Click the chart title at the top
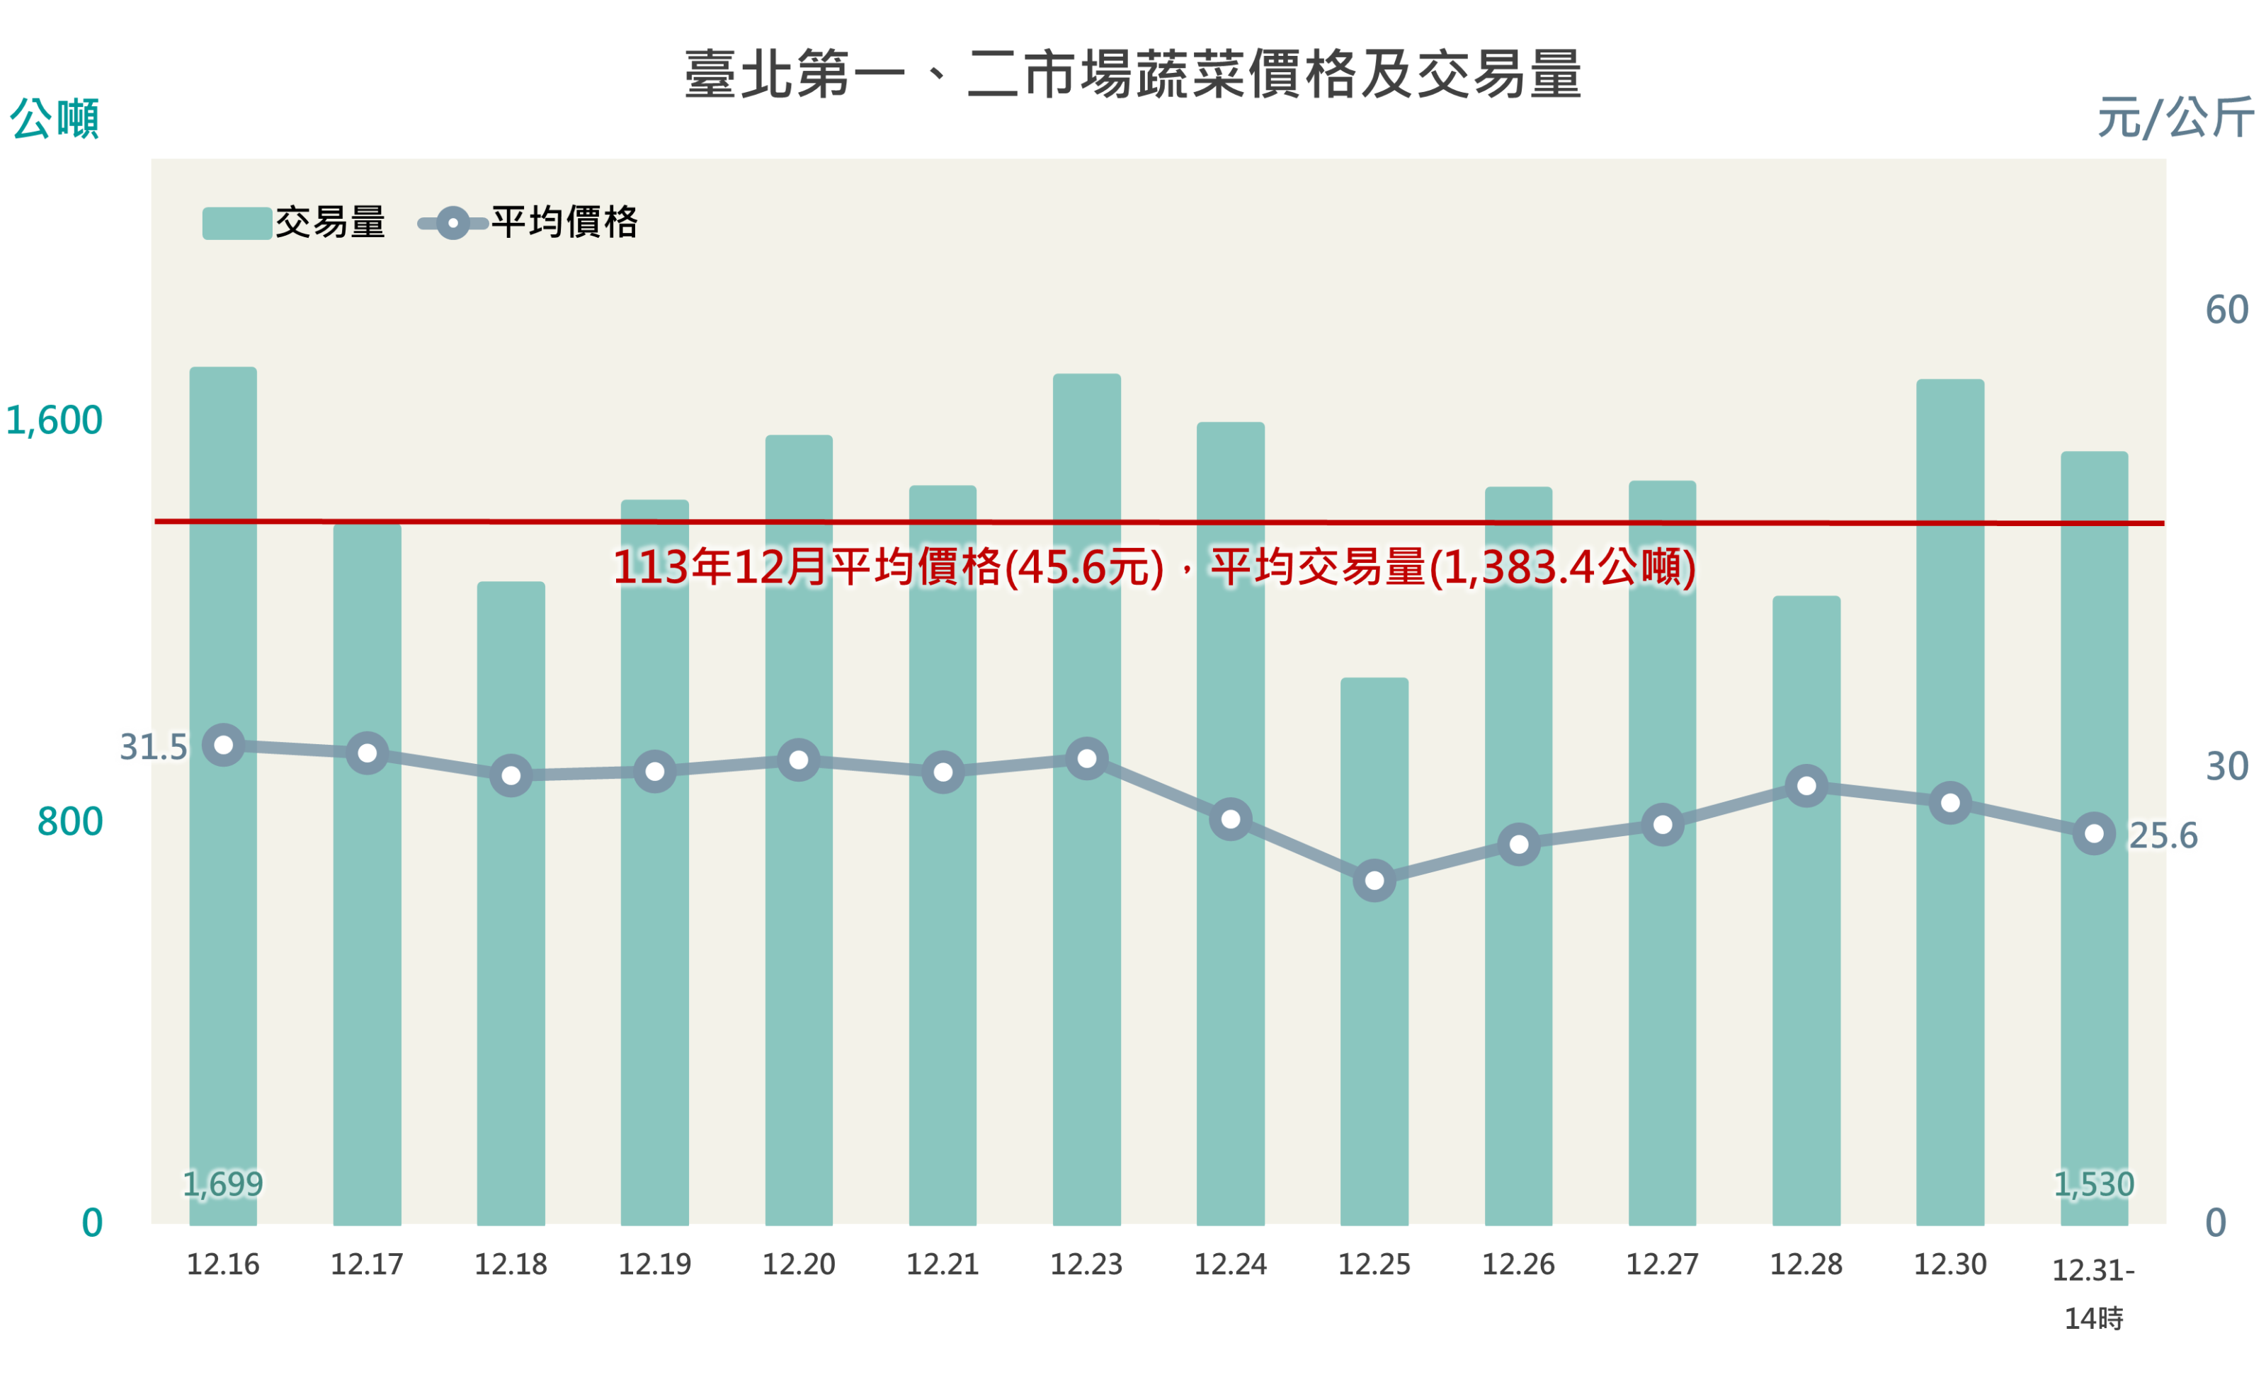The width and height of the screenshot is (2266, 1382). [1132, 74]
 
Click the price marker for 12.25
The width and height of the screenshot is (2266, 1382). [1374, 880]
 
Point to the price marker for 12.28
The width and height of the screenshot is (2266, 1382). [1806, 785]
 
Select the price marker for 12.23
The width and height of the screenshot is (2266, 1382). [1086, 758]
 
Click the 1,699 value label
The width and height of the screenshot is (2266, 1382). [222, 1183]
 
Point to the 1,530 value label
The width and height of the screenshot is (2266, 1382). [2093, 1183]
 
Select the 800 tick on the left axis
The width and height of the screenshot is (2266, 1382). [70, 821]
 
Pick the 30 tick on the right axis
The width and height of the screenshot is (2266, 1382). [2226, 766]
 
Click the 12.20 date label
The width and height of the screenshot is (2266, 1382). [798, 1264]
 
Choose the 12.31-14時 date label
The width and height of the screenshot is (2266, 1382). [2093, 1292]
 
